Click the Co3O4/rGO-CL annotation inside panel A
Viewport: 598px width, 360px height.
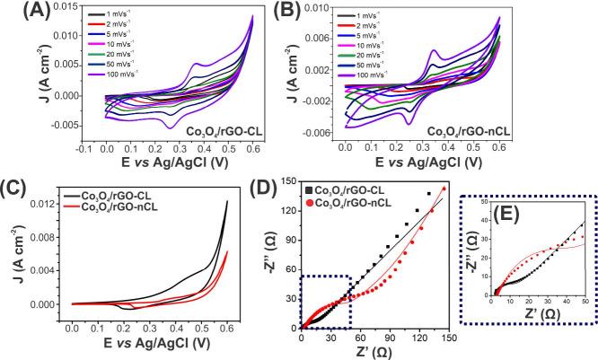tap(220, 131)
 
